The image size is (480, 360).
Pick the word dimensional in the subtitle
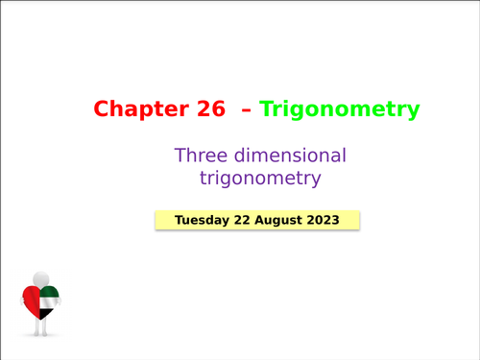coord(285,155)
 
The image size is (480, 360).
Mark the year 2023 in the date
coord(328,220)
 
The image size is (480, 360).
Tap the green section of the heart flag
coord(50,292)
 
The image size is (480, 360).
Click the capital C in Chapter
coord(102,109)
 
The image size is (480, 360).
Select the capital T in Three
coord(180,155)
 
